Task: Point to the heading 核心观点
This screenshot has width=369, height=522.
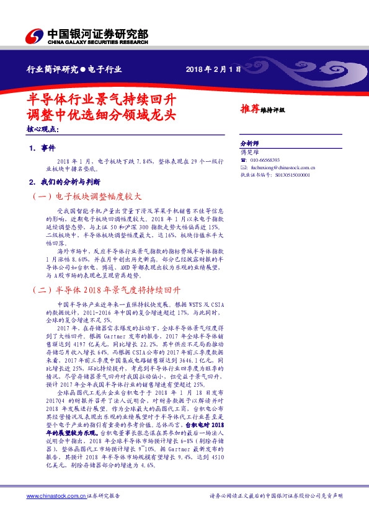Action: pyautogui.click(x=43, y=130)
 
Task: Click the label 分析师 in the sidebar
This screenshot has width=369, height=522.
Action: pyautogui.click(x=249, y=142)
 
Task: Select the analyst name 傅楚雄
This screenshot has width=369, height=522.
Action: pyautogui.click(x=248, y=151)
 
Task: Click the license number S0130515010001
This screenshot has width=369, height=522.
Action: pyautogui.click(x=288, y=175)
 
